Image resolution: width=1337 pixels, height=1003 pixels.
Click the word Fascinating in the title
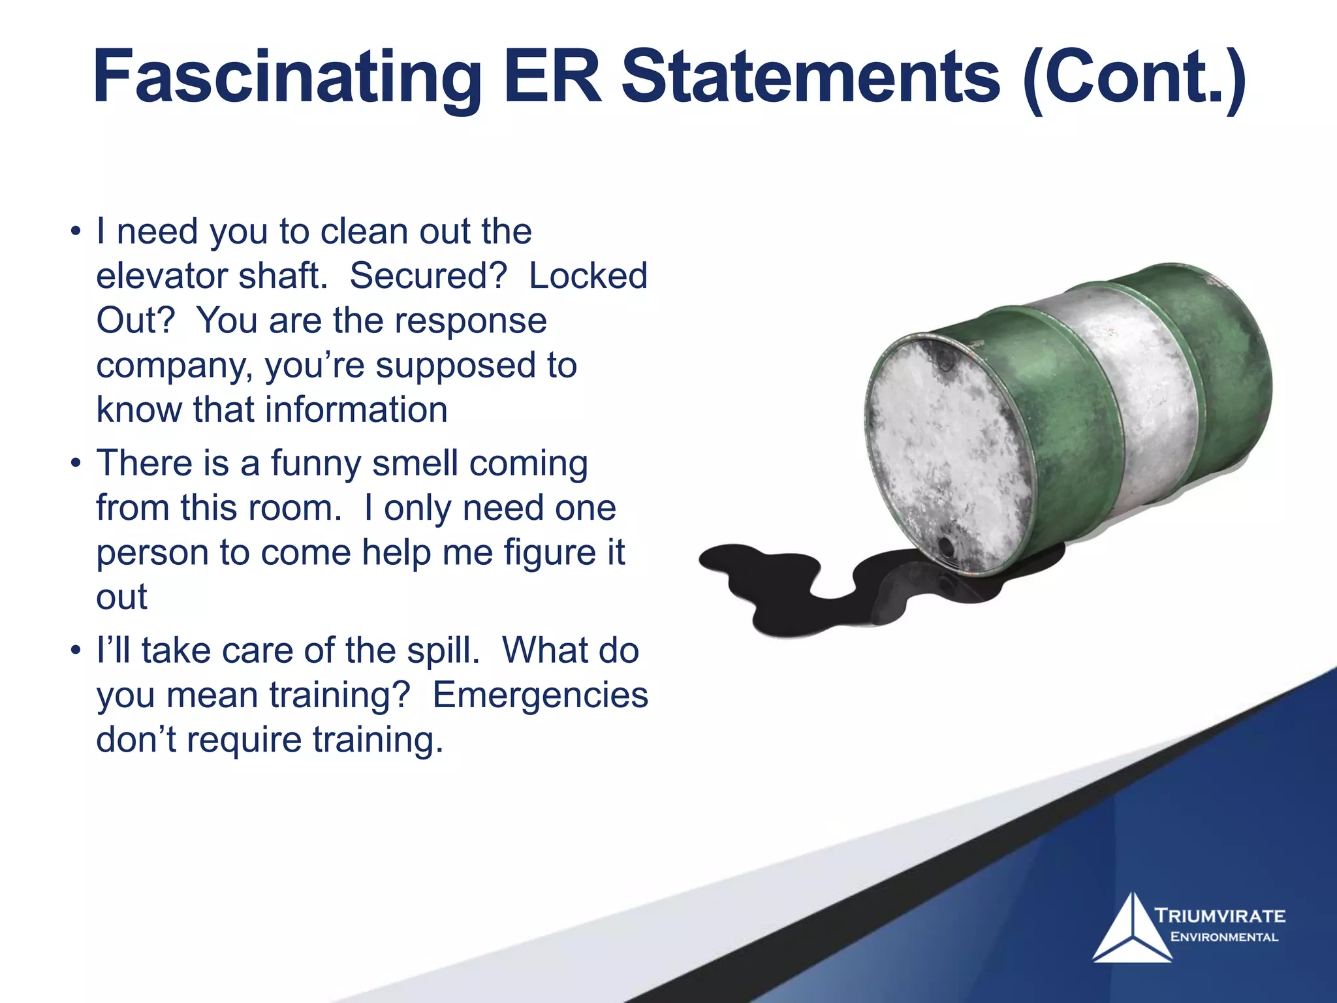click(x=287, y=78)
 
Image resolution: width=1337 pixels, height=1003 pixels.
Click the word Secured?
click(x=428, y=276)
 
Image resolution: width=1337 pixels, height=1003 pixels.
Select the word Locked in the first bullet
click(x=588, y=276)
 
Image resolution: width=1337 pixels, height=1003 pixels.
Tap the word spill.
click(x=443, y=650)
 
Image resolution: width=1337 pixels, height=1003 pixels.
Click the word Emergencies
click(x=540, y=695)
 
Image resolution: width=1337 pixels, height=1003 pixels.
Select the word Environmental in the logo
click(x=1224, y=937)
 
